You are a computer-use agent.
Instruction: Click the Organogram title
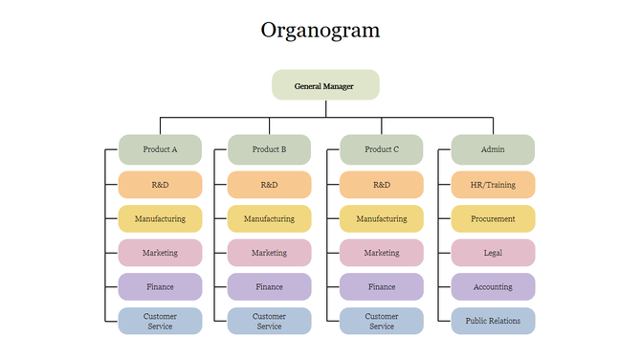tap(320, 30)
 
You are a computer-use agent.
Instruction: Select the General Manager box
tap(325, 85)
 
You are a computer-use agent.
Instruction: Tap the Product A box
tap(160, 149)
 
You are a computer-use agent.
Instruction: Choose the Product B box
tap(269, 149)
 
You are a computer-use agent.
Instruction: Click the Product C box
tap(382, 149)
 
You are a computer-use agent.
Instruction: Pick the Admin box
tap(493, 149)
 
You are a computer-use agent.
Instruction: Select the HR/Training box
tap(493, 185)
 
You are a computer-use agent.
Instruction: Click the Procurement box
tap(493, 218)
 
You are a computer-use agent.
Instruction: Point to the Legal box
tap(493, 253)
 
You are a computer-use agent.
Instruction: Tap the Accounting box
tap(493, 286)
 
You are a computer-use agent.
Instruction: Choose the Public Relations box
tap(493, 321)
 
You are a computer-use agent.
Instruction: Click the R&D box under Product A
tap(160, 185)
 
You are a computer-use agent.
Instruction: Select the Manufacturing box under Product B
tap(269, 218)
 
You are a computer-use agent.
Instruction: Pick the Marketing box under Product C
tap(382, 253)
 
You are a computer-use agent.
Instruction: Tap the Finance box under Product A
tap(160, 286)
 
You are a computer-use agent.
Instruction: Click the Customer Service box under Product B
tap(269, 321)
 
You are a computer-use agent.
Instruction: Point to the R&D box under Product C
tap(382, 185)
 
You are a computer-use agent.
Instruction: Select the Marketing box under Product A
tap(160, 253)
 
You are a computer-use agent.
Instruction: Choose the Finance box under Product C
tap(382, 286)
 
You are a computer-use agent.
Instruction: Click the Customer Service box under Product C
tap(382, 321)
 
